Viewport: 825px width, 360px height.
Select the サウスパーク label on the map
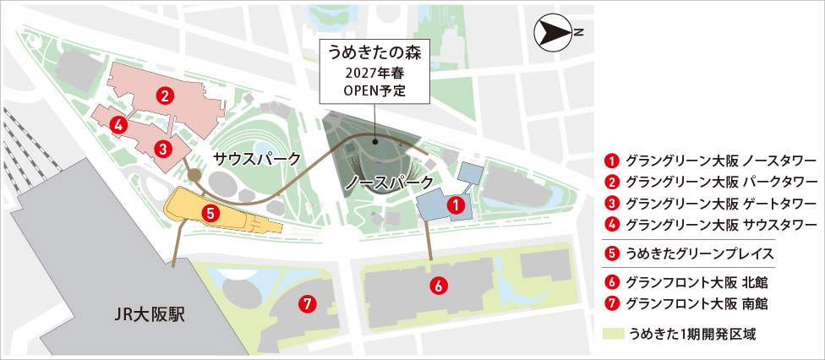coord(256,159)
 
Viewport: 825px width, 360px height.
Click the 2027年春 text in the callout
coord(373,72)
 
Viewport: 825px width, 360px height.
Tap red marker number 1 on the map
coord(455,205)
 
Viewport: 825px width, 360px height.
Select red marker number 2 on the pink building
coord(166,95)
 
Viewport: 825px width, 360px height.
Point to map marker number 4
coord(118,125)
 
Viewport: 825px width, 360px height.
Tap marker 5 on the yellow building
coord(210,213)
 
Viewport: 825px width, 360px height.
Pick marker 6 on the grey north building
coord(437,286)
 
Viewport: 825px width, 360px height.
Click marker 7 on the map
coord(308,303)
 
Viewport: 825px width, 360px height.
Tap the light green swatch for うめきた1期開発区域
coord(613,334)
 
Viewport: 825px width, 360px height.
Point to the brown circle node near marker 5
coord(194,176)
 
